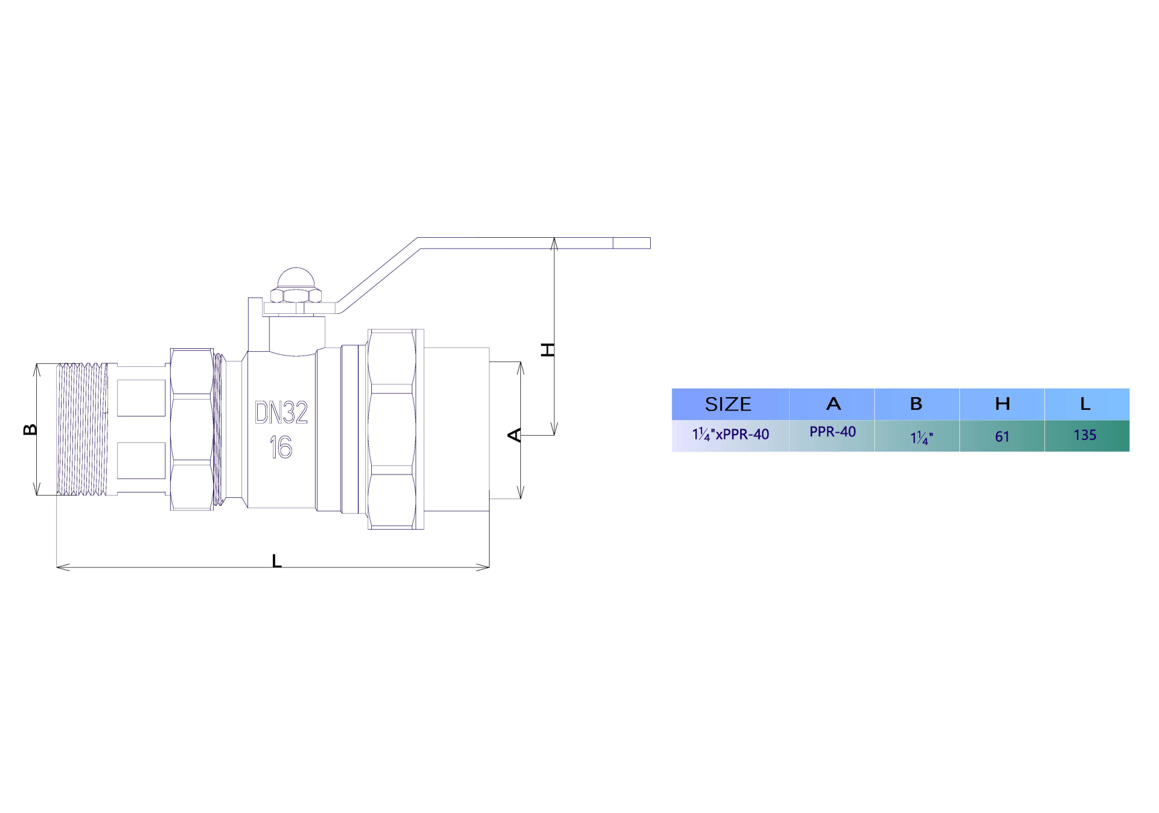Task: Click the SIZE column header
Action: coord(728,404)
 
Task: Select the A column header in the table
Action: coord(833,404)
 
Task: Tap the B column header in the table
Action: coord(916,404)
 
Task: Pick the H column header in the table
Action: coord(1002,404)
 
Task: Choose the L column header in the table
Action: coord(1085,404)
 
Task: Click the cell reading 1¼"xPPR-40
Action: coord(730,435)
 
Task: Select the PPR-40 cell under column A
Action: coord(832,432)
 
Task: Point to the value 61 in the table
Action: coord(1002,436)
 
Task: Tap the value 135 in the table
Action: coord(1085,435)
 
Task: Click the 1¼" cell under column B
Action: coord(921,438)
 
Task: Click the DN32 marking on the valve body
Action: coord(281,413)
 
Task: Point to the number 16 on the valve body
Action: coord(281,447)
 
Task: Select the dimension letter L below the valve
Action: coord(276,561)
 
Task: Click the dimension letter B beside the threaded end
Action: coord(30,429)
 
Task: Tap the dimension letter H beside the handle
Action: coord(548,349)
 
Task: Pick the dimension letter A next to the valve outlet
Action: coord(514,435)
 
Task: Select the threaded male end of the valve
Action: coord(82,429)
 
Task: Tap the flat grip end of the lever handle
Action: coord(631,243)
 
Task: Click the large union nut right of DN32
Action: coord(392,429)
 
